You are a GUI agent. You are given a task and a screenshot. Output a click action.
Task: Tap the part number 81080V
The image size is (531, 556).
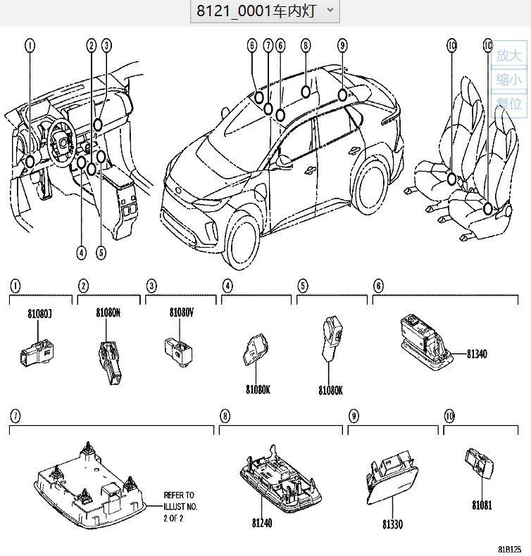181,312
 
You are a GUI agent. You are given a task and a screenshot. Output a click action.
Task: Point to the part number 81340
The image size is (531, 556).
476,354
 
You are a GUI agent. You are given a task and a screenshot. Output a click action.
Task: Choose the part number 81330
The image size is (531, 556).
393,524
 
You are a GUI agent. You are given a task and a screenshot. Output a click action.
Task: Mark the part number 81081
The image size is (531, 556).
482,505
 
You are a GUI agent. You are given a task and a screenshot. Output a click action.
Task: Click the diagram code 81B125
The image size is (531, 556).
510,549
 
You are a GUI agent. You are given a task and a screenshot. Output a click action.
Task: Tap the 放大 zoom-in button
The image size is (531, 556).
509,55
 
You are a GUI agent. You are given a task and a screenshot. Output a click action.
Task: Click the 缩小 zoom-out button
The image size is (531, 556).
509,80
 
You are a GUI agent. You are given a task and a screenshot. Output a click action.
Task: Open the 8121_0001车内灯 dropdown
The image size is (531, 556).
265,11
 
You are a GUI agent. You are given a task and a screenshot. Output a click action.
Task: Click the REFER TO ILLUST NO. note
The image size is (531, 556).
180,506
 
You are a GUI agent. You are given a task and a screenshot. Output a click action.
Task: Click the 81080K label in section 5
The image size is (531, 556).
330,389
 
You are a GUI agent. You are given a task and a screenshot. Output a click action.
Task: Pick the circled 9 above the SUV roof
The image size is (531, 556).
342,46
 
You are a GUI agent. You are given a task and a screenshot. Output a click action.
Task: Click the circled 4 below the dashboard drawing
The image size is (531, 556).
82,253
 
